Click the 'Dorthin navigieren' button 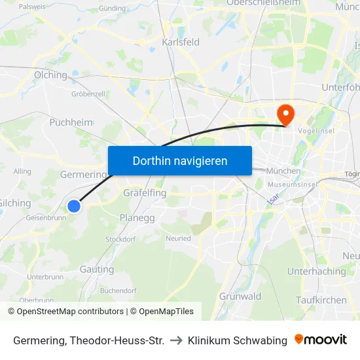tap(179, 160)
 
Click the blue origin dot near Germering tap(74, 206)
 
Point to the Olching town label tap(50, 75)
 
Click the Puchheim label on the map tap(71, 122)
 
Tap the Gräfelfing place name tap(145, 193)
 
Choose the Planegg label tap(137, 217)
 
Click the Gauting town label tap(97, 269)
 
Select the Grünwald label tap(240, 296)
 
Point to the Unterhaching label tap(316, 271)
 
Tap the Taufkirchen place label tap(321, 299)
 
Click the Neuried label tap(178, 239)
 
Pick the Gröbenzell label tap(88, 94)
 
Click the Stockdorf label tap(120, 240)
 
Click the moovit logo tap(321, 340)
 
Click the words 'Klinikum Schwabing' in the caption tap(237, 340)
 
